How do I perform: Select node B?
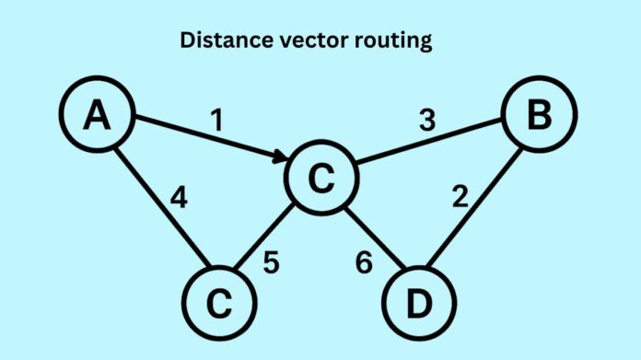(x=538, y=117)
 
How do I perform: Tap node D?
(x=416, y=302)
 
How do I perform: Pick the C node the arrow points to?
(x=320, y=180)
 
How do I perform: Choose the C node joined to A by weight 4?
(x=218, y=302)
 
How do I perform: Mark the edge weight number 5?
(x=270, y=261)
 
